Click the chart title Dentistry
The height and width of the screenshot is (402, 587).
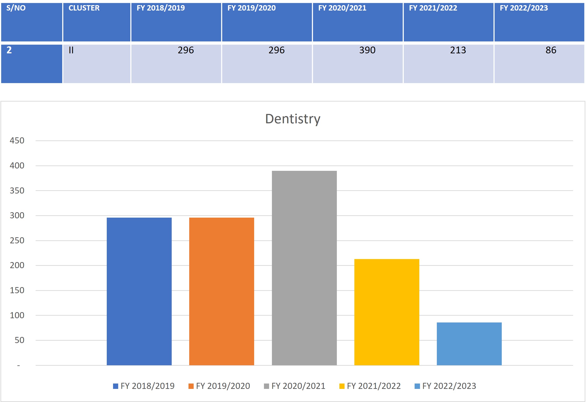tap(293, 119)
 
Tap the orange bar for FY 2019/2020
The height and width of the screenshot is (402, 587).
tap(221, 291)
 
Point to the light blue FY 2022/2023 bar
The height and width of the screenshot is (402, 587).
tap(469, 344)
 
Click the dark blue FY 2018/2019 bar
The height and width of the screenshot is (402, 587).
tap(139, 291)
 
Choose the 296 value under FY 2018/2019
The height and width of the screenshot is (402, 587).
tap(186, 50)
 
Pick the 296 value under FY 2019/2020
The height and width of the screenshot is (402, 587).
tap(276, 50)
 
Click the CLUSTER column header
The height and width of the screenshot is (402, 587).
tap(84, 8)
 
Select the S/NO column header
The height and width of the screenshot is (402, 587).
tap(16, 8)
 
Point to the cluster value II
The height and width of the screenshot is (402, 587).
tap(71, 50)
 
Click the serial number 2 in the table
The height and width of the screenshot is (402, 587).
tap(9, 50)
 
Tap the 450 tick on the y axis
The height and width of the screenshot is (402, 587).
tap(17, 141)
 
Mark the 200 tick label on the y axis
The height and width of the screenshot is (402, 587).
tap(17, 265)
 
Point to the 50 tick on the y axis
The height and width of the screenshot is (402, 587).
tap(19, 340)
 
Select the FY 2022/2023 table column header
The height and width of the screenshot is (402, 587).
tap(524, 8)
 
